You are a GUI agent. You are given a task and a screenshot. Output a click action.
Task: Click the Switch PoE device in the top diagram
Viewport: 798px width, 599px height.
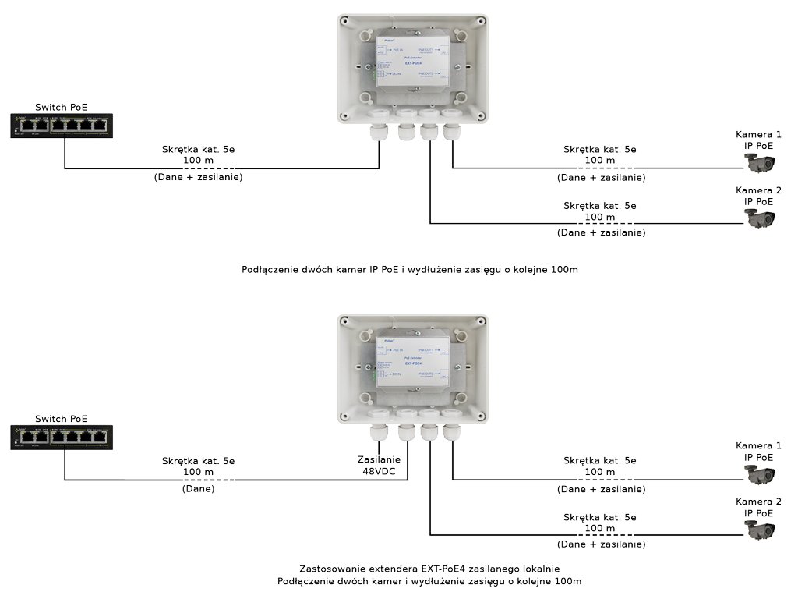(62, 125)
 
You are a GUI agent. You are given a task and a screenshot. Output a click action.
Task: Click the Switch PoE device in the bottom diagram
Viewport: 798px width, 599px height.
(62, 437)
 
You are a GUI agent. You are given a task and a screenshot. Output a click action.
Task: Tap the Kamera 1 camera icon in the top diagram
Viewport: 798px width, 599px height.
(760, 163)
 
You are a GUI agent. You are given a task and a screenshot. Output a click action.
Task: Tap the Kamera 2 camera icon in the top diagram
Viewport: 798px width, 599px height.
(760, 218)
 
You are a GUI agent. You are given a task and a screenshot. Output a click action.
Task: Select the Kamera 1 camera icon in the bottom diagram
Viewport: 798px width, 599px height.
(760, 474)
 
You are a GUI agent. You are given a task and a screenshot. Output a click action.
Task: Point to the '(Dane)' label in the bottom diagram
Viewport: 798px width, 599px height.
(198, 489)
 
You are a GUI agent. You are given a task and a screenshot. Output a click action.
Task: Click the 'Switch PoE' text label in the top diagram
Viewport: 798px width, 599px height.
(62, 107)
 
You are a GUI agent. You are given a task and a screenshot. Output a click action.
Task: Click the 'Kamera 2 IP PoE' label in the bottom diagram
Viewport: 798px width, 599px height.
(758, 507)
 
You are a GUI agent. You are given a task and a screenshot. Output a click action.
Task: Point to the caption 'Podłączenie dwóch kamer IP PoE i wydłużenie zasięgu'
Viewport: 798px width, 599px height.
(410, 269)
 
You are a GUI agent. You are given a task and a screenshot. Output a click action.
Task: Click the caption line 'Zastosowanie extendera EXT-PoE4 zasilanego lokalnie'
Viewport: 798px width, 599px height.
(429, 569)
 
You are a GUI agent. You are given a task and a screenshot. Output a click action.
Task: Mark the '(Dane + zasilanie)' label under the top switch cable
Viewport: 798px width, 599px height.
(198, 178)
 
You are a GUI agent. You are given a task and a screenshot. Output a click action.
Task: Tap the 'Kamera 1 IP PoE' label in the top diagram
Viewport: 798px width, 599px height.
(758, 140)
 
